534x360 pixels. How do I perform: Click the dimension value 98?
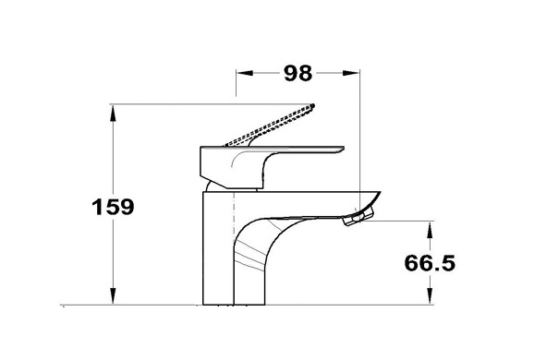point(298,73)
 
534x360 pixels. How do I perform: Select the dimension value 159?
point(113,207)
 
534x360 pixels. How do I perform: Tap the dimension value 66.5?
point(430,262)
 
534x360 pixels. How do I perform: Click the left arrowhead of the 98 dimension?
point(245,73)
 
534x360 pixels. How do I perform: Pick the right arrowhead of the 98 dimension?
point(351,73)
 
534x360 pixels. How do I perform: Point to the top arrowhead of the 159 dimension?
point(113,114)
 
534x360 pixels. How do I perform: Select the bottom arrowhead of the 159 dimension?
point(113,295)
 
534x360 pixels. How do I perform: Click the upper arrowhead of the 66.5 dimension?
point(430,230)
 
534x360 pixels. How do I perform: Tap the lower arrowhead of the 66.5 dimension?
point(430,295)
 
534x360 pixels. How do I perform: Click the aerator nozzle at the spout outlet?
point(358,217)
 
